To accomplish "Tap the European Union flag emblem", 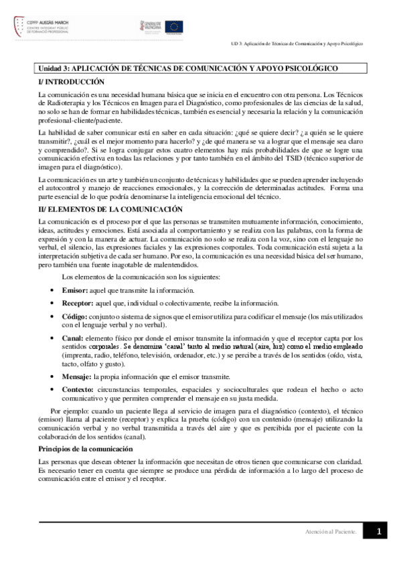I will coord(175,26).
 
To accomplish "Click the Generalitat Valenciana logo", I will coord(151,26).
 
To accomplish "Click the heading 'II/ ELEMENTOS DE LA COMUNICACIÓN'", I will coord(97,210).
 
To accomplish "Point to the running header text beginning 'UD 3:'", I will coord(294,43).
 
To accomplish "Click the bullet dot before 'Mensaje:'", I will coord(53,377).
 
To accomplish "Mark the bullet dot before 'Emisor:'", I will coord(53,291).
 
